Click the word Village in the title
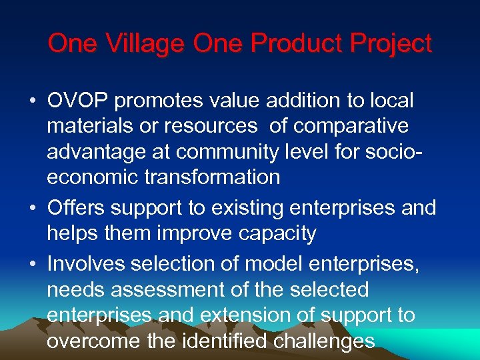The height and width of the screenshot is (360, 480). [144, 44]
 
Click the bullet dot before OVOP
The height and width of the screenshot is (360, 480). [33, 102]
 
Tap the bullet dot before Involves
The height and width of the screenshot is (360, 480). [33, 265]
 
